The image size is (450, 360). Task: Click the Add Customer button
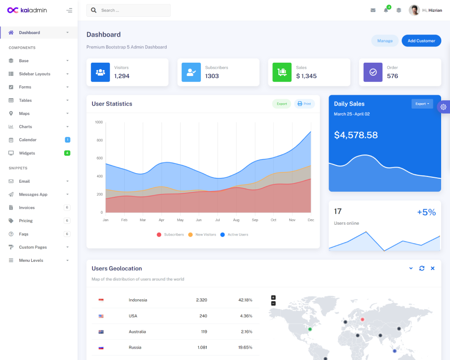coord(421,40)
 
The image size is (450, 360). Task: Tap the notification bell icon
coord(386,10)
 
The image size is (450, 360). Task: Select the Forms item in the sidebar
coord(25,87)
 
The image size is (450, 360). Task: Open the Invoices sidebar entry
coord(27,207)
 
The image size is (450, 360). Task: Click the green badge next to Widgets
coord(67,153)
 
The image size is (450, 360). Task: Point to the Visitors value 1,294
coord(122,76)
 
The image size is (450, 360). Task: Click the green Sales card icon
coord(282,72)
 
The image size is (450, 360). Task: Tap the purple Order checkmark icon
coord(373,72)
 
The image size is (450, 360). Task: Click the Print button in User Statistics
coord(304,104)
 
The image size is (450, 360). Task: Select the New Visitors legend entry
coord(205,235)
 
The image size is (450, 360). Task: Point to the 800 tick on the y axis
coord(99,140)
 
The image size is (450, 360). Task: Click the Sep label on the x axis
coord(255,220)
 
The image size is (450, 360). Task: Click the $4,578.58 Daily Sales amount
coord(356,135)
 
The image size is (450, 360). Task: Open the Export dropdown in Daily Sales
coord(422,104)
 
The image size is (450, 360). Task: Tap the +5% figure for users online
coord(426,212)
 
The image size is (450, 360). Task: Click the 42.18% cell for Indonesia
coord(245,300)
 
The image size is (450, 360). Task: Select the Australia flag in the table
coord(101,332)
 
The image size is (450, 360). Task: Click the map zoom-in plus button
coord(273,297)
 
